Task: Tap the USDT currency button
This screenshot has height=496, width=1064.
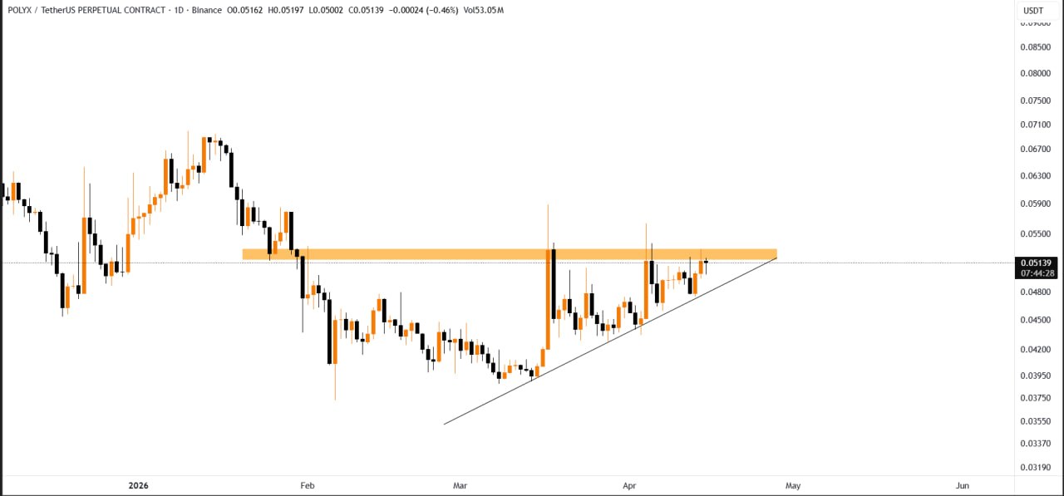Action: (x=1033, y=11)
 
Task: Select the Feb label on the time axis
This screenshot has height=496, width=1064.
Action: (x=308, y=485)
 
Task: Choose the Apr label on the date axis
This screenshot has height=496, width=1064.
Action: (x=628, y=485)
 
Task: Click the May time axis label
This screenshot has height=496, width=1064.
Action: (x=793, y=485)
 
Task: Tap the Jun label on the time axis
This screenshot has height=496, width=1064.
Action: (x=963, y=485)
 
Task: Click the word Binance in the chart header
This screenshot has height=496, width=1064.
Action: (x=206, y=11)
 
